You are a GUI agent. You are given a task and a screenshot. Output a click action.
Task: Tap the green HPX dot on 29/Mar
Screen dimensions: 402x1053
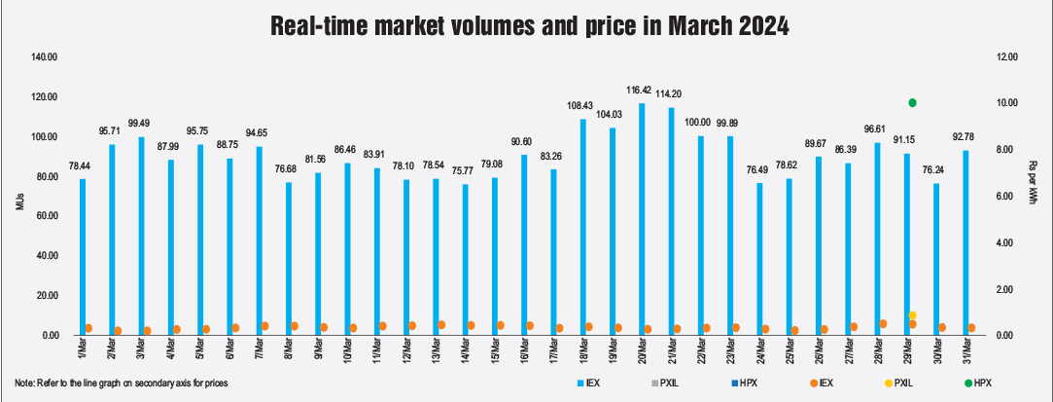coord(912,102)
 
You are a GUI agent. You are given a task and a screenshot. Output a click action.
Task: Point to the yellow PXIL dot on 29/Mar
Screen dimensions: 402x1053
coord(912,315)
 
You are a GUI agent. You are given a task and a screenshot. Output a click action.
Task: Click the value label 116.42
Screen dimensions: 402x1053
coord(640,91)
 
